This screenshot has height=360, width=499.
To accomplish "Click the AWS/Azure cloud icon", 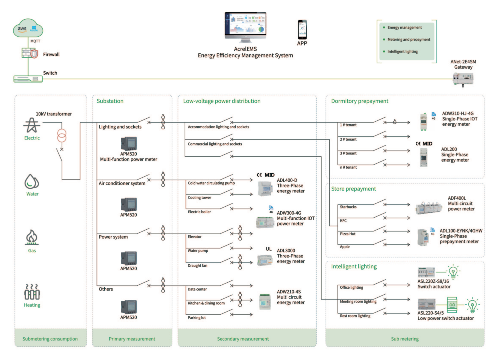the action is (28, 28).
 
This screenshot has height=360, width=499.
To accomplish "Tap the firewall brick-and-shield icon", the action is (30, 53).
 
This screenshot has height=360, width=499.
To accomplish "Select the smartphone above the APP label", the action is (302, 29).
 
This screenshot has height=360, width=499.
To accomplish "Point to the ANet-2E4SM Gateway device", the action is (463, 79).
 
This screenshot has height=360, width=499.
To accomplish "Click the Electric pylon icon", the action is (32, 125).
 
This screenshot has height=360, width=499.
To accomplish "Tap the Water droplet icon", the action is (32, 181).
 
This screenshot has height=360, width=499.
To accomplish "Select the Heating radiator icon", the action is (32, 292).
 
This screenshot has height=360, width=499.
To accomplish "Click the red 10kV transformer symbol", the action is (62, 135).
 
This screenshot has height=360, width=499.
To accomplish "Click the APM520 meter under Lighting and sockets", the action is (129, 144).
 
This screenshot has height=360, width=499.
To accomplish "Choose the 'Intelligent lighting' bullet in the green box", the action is (403, 52).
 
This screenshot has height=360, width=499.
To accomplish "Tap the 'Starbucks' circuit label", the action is (348, 207).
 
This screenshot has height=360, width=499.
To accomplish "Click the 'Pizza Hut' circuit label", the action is (348, 234).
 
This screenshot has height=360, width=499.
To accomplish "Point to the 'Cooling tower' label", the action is (199, 198).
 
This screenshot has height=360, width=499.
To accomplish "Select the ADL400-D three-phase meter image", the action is (265, 188).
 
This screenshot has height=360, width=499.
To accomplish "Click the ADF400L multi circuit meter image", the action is (429, 207).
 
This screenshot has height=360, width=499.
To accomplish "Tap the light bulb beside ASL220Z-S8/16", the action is (453, 271).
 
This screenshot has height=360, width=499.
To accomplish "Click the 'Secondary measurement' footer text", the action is (243, 339).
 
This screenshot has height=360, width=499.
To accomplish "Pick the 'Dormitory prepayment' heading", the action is (360, 101).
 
